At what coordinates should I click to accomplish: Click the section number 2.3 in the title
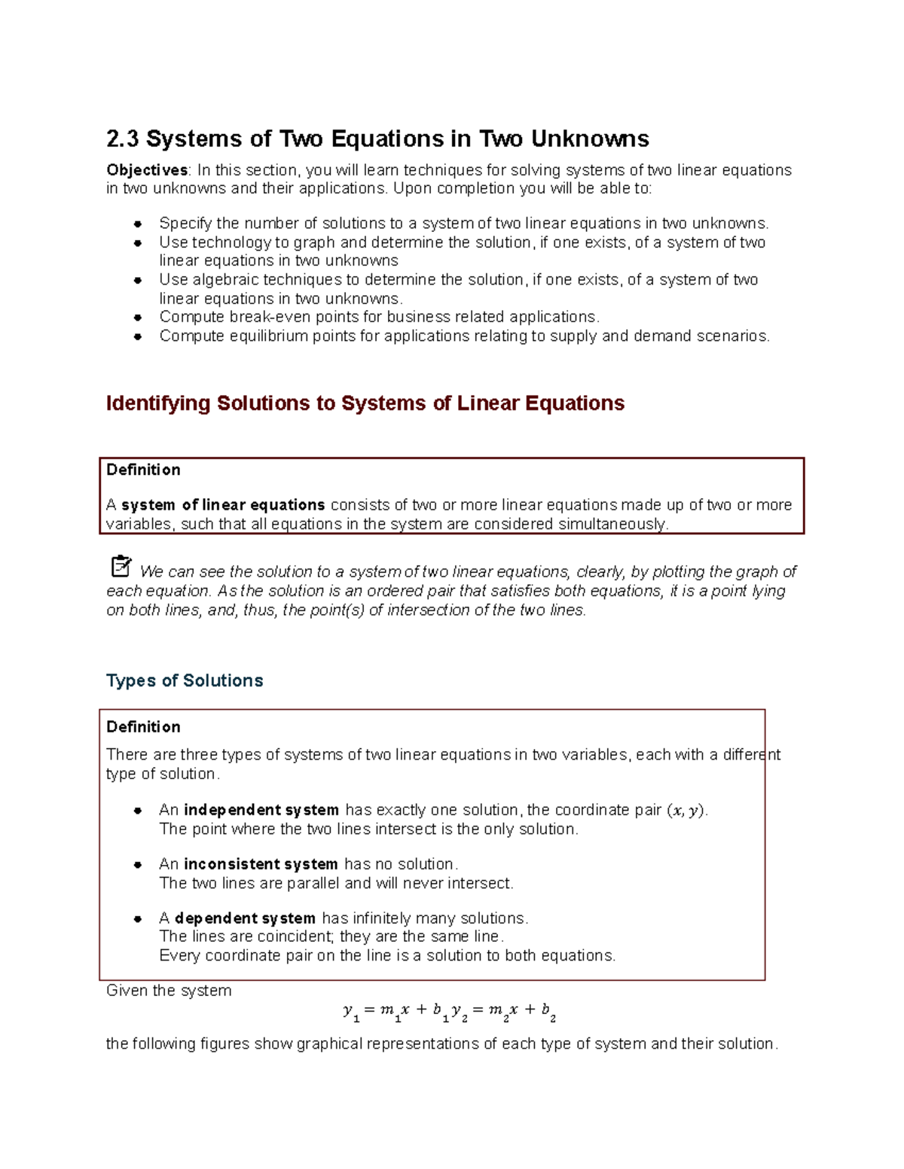123,139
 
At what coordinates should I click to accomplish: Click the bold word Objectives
147,170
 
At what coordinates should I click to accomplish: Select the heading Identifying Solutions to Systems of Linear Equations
365,403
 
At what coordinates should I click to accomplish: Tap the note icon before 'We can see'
121,566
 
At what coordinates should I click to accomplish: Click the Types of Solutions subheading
185,680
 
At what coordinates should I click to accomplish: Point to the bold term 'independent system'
261,810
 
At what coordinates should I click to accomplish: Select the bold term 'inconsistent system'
261,864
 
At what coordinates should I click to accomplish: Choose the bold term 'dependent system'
245,918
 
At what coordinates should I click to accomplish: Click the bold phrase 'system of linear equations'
223,505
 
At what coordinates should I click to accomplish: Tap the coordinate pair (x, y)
686,811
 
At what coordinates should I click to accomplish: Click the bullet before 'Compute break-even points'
138,318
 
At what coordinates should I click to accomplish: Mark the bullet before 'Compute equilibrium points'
138,336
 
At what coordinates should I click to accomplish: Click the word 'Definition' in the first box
143,470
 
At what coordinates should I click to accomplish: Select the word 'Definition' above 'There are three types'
143,727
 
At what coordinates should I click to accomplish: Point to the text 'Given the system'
169,991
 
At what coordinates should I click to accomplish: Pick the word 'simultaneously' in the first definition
612,524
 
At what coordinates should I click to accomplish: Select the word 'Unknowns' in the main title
590,139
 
